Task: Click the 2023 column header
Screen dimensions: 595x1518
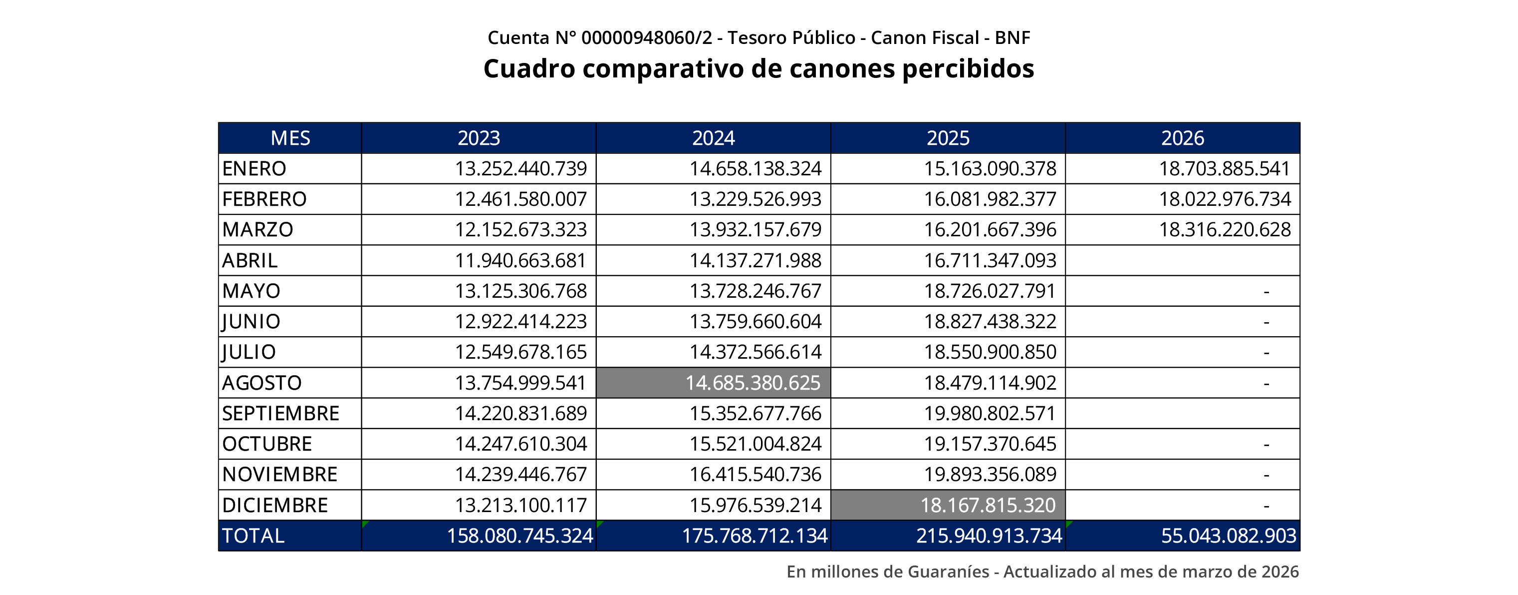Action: point(479,138)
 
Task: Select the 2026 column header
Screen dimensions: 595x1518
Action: point(1182,138)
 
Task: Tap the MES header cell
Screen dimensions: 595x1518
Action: point(290,138)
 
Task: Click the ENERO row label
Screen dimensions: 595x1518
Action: point(254,169)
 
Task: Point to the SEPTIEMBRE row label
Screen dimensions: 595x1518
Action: point(280,413)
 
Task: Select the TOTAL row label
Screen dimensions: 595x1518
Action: point(253,536)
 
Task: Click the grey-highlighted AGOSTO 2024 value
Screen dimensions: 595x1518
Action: point(753,383)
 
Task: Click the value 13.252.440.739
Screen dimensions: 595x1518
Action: point(520,169)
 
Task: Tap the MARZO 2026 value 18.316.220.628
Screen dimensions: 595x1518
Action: point(1225,229)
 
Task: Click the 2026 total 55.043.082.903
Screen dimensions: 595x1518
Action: point(1228,536)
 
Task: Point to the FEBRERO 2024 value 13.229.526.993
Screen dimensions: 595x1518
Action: point(755,199)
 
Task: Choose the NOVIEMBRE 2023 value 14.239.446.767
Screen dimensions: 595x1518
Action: point(520,474)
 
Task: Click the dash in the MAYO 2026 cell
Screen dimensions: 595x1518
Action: point(1266,291)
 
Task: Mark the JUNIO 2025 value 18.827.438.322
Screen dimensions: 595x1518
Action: point(990,321)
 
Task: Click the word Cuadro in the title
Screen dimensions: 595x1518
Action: point(528,68)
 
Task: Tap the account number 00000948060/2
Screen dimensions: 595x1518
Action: point(646,38)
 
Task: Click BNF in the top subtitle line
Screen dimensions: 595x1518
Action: point(1012,38)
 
